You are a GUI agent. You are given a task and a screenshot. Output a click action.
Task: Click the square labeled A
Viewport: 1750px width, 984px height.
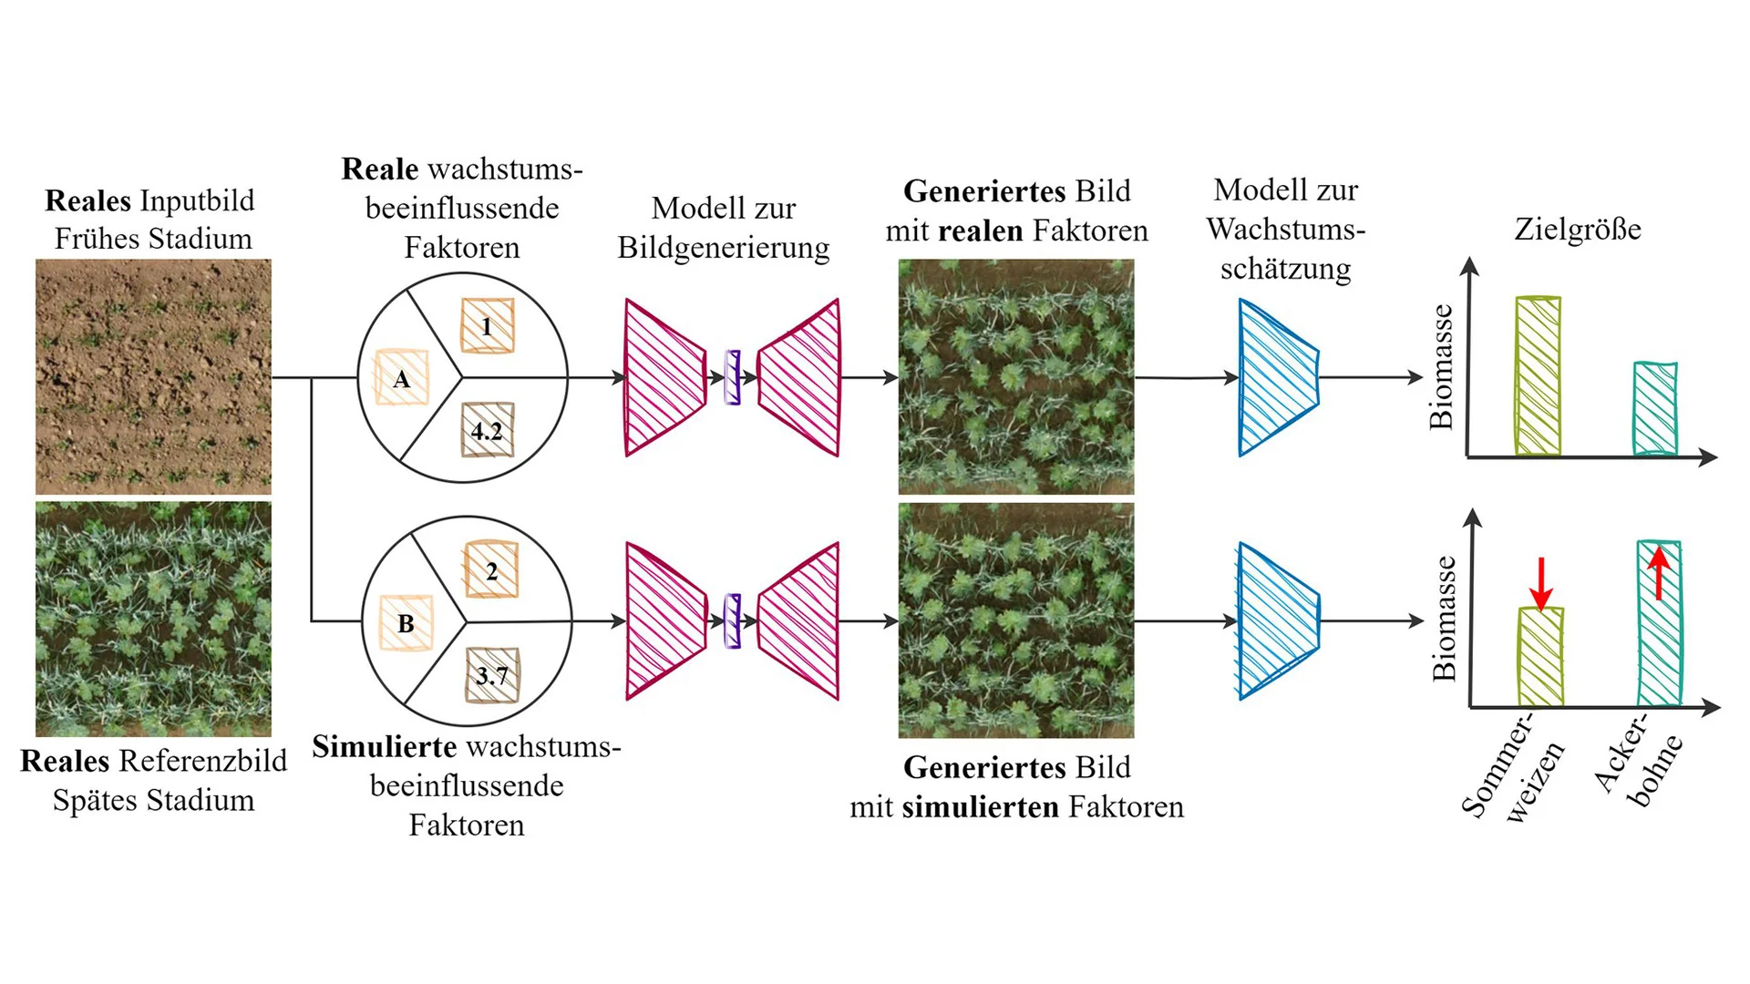point(401,377)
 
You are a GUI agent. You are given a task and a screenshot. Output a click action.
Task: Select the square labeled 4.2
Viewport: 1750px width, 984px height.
point(487,429)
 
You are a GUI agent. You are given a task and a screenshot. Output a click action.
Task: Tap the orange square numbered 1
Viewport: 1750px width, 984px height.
point(487,325)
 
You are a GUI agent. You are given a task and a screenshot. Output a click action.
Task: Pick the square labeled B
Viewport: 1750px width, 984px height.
point(406,623)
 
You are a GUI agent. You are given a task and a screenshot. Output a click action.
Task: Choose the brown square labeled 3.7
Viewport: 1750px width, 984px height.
point(492,675)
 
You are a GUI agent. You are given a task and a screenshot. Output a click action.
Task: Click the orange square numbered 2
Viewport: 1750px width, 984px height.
point(491,570)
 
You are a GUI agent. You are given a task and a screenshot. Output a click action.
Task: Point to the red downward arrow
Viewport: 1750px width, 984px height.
point(1540,584)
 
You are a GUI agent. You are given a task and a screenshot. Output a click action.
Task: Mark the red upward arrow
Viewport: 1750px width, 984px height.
point(1659,571)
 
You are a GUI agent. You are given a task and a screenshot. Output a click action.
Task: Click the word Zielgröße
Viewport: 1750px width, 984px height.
point(1577,229)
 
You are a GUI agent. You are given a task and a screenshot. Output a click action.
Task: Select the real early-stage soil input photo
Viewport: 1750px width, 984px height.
point(153,376)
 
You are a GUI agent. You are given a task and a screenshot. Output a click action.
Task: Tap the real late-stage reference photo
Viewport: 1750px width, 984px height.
point(153,619)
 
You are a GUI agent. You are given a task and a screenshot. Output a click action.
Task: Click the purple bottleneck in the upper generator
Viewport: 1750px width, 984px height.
point(732,377)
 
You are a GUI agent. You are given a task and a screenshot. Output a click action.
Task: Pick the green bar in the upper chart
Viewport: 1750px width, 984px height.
point(1538,375)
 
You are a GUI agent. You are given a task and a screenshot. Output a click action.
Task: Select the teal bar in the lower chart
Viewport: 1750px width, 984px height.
point(1659,624)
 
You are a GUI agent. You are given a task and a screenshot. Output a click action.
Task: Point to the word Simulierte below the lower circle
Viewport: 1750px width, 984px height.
point(385,747)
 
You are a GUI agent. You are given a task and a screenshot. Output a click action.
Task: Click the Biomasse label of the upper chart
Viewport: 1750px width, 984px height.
point(1441,366)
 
